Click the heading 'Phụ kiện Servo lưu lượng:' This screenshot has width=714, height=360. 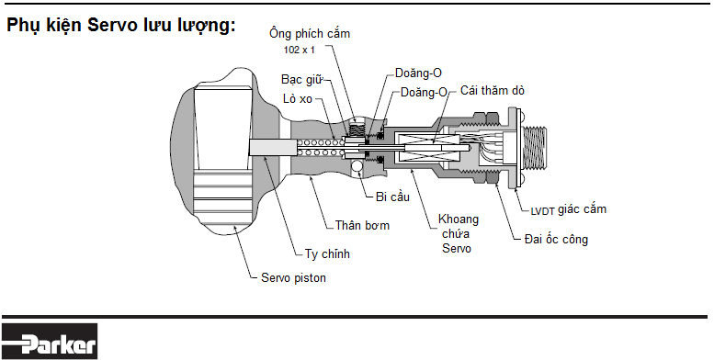[x=121, y=26]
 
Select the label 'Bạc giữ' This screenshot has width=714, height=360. [x=300, y=80]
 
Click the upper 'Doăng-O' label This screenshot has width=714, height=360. [x=419, y=72]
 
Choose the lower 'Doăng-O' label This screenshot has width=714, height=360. [x=425, y=92]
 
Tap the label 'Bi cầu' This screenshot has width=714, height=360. [x=391, y=195]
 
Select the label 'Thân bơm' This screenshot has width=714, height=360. [x=362, y=225]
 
